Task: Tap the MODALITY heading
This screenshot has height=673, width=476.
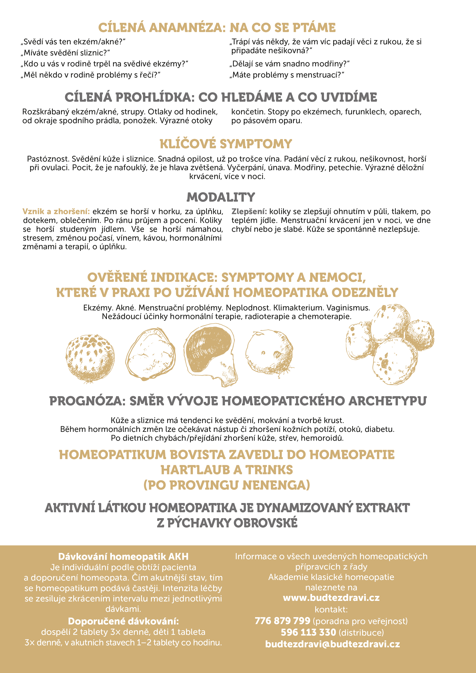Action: coord(221,197)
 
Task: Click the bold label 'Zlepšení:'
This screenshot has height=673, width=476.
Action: coord(249,212)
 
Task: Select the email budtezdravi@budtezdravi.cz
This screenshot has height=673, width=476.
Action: coord(332,644)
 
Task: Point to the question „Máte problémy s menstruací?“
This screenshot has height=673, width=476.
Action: coord(287,75)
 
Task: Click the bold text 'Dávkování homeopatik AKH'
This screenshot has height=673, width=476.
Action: coord(123,556)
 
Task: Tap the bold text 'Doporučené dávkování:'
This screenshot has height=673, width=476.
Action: coord(123,621)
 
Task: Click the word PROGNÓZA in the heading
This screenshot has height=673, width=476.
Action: coord(87,401)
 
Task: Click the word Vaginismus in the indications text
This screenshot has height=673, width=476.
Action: coord(348,308)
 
